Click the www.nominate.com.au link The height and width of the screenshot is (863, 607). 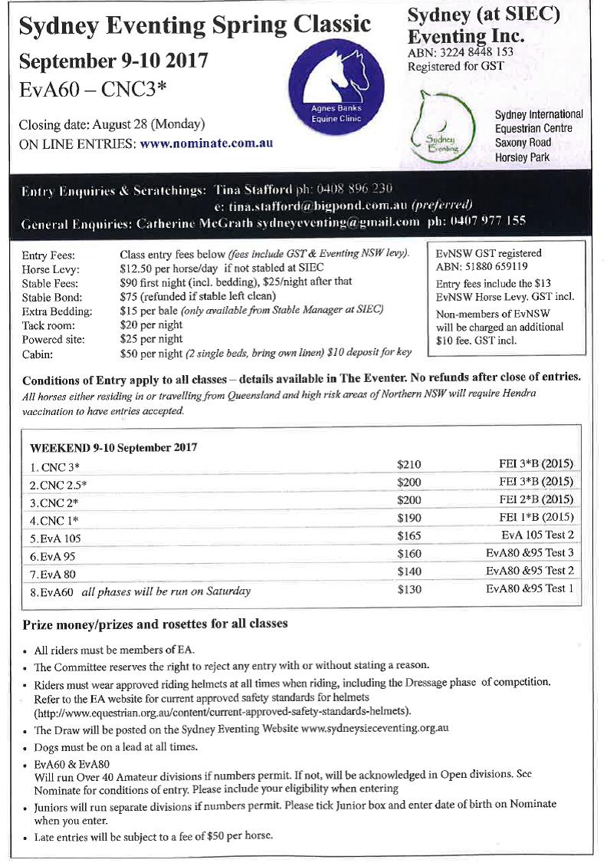coord(207,143)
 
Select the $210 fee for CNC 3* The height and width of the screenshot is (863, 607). coord(409,464)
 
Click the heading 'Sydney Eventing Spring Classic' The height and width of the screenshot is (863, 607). coord(195,26)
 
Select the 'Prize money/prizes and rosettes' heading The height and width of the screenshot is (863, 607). coord(155,624)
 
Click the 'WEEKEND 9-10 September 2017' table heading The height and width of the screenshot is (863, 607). coord(113,447)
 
